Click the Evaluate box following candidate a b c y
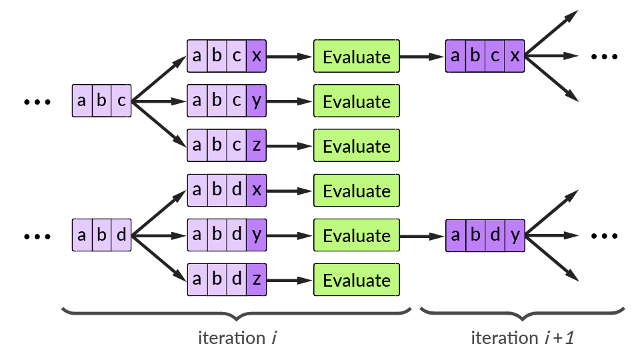[357, 101]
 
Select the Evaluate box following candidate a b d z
[357, 280]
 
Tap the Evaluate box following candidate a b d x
[357, 191]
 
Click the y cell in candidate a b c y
[257, 101]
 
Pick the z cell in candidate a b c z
[257, 146]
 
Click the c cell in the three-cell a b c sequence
[121, 101]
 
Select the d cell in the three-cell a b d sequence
[121, 235]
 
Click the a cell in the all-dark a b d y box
[455, 235]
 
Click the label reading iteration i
[237, 338]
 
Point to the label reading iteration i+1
[523, 338]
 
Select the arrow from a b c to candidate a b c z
[159, 124]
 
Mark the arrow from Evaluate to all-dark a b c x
[423, 57]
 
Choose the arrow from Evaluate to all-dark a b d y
[423, 235]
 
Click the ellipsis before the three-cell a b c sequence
[37, 102]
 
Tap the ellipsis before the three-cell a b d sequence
[37, 236]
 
